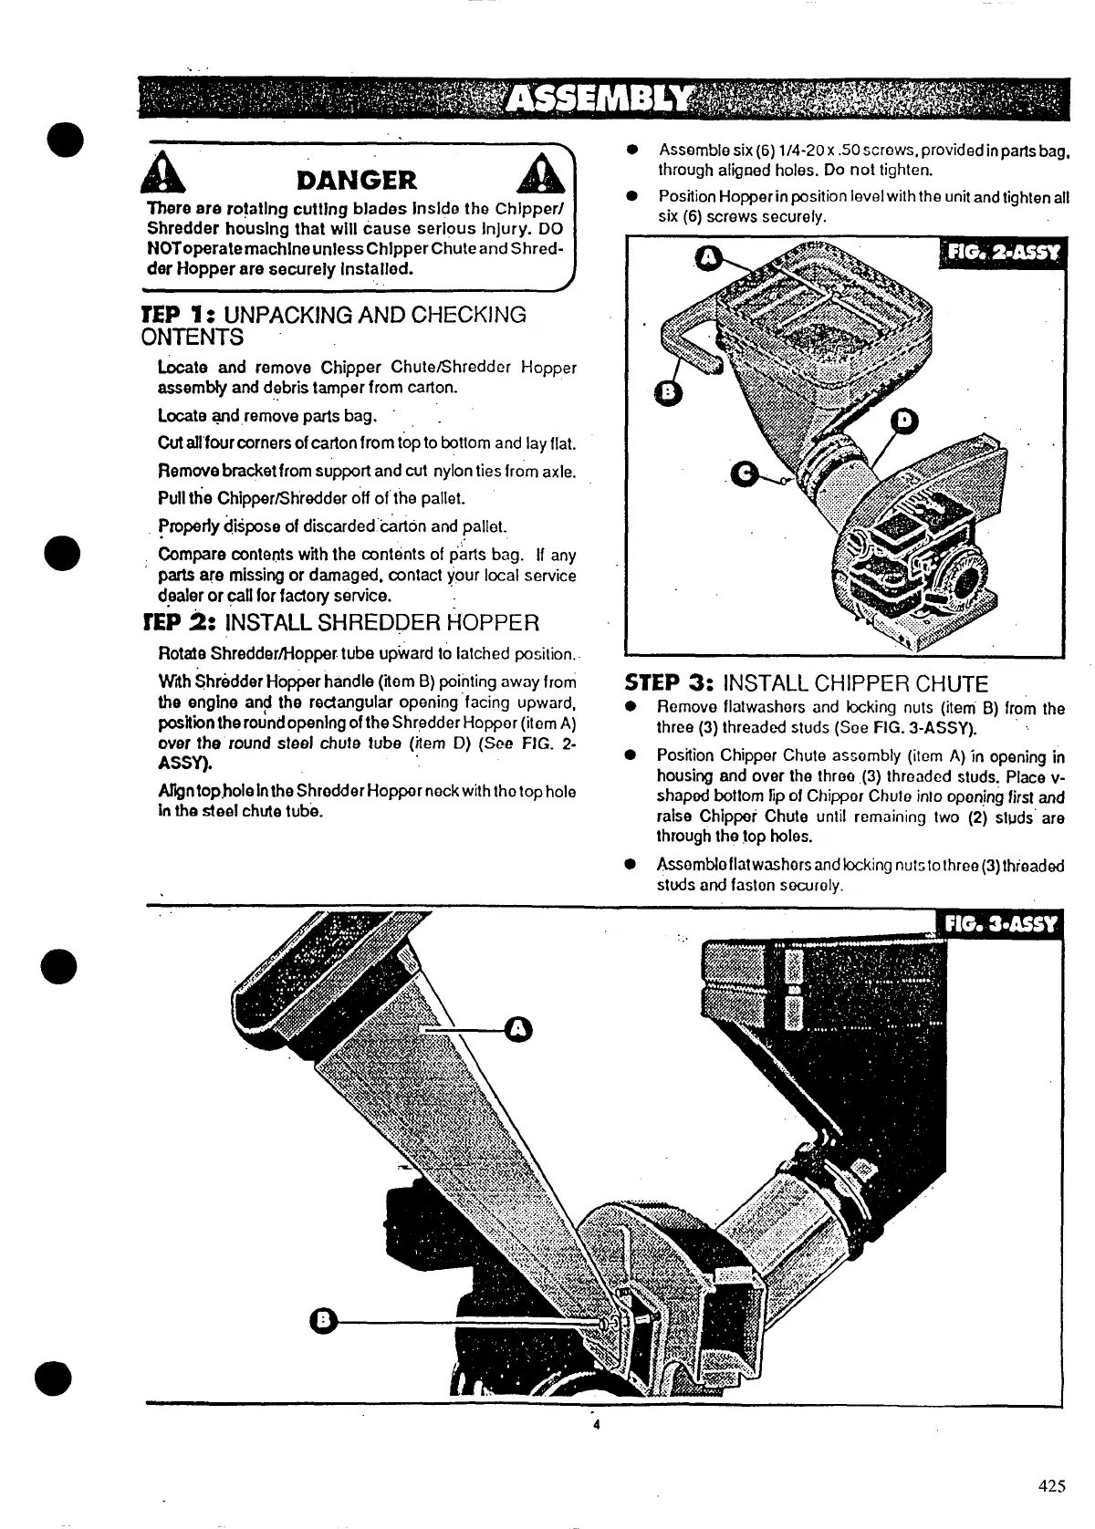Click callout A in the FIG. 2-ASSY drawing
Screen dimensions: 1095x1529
pyautogui.click(x=708, y=258)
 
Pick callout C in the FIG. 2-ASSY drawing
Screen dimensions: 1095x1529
pyautogui.click(x=746, y=473)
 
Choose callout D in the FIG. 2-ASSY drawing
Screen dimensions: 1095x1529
pyautogui.click(x=903, y=420)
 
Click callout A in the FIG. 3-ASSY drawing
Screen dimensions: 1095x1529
pyautogui.click(x=518, y=1029)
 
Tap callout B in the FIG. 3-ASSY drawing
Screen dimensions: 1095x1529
pyautogui.click(x=321, y=1320)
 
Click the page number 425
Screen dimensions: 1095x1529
pyautogui.click(x=1051, y=1486)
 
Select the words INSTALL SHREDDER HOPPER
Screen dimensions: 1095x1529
pyautogui.click(x=381, y=623)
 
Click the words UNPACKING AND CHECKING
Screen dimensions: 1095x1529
pyautogui.click(x=374, y=315)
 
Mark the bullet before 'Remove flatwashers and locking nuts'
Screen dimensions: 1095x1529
pyautogui.click(x=631, y=708)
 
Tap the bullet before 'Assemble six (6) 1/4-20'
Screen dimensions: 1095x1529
pyautogui.click(x=631, y=150)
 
